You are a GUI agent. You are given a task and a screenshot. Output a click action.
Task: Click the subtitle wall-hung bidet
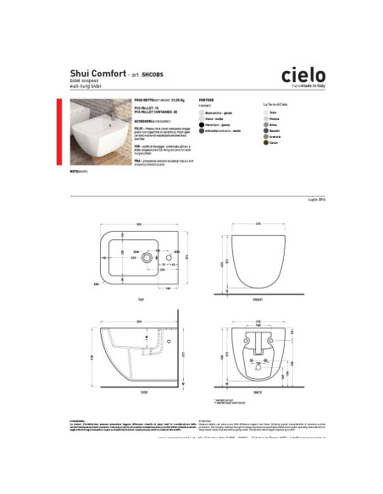pos(88,87)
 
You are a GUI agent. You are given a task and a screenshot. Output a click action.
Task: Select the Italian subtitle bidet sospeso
pos(86,83)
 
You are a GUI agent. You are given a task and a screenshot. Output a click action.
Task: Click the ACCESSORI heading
pos(147,118)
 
